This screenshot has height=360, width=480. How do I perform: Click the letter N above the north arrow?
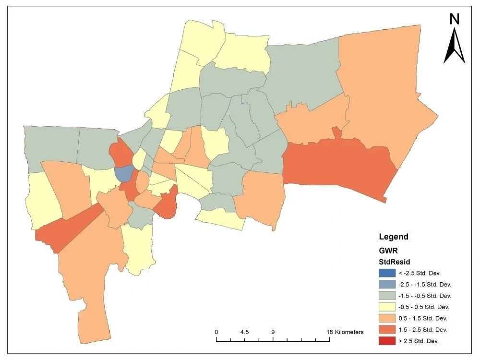tap(454, 19)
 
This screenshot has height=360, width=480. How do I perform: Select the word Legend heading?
tap(394, 237)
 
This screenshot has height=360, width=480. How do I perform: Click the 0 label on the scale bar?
tap(216, 332)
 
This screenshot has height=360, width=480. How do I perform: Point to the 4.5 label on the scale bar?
tap(244, 332)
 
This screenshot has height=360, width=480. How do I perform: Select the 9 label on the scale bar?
tap(273, 332)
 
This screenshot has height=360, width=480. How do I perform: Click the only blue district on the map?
tap(123, 174)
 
